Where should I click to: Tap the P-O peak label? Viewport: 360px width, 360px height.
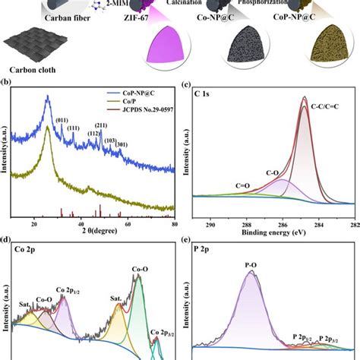251,265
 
